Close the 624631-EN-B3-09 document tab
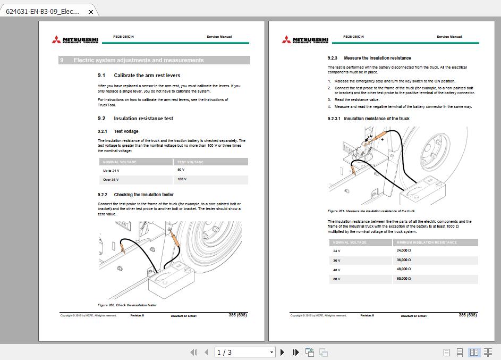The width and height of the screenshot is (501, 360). click(91, 11)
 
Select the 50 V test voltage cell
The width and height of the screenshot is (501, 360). click(181, 170)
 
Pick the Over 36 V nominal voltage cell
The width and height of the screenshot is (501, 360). click(112, 180)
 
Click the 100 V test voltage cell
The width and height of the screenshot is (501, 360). click(182, 180)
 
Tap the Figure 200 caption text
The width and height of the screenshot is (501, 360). click(127, 305)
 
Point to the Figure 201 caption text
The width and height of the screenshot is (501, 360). click(371, 211)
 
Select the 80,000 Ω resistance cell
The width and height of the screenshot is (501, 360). click(404, 279)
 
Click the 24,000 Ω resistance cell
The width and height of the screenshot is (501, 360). click(404, 250)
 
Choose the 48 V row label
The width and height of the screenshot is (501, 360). click(337, 270)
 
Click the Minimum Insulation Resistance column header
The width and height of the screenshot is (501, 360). click(427, 242)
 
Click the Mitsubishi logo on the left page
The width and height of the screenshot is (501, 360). click(75, 40)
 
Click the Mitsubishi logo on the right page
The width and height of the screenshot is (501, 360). click(305, 40)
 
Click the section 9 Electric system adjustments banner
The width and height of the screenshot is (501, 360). click(154, 60)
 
